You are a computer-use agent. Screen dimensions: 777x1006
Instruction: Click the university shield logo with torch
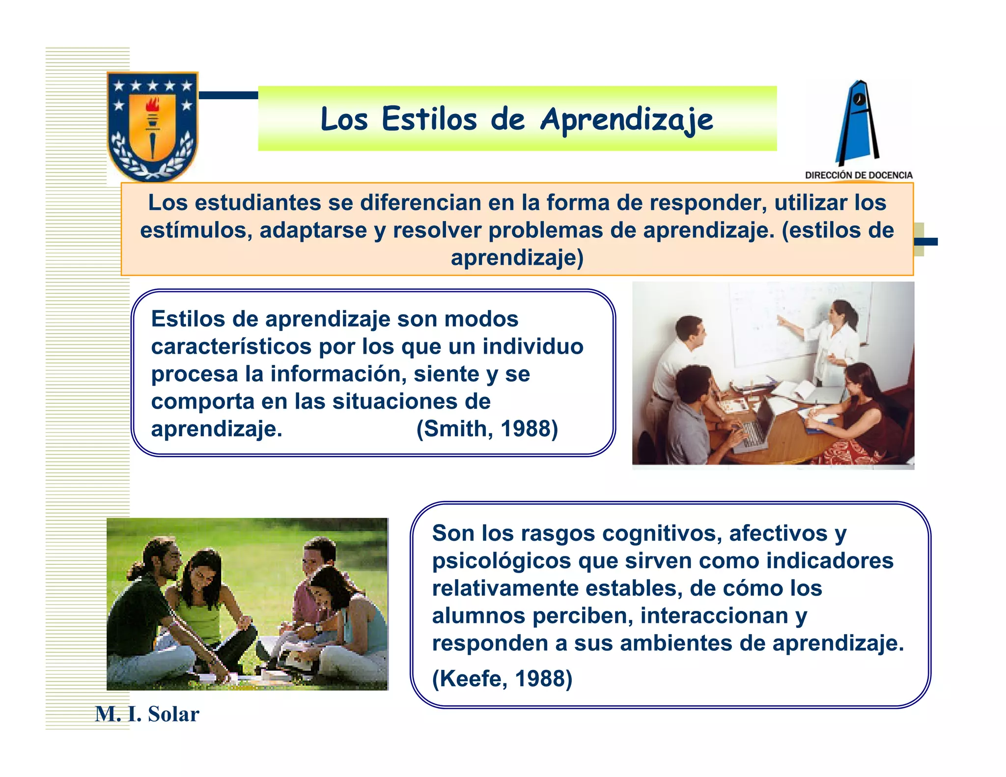pyautogui.click(x=152, y=127)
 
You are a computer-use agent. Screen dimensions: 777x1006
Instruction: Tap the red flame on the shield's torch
pyautogui.click(x=153, y=105)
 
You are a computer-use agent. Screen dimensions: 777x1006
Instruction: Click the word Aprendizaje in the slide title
pyautogui.click(x=627, y=120)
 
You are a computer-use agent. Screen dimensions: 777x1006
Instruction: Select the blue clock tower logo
pyautogui.click(x=858, y=123)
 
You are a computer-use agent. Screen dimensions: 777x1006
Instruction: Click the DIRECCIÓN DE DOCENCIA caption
pyautogui.click(x=859, y=175)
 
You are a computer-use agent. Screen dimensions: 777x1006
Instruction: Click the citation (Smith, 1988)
pyautogui.click(x=487, y=429)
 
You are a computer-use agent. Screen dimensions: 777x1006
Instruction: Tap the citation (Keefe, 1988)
pyautogui.click(x=502, y=679)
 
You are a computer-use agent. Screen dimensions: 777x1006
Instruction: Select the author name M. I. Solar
pyautogui.click(x=147, y=714)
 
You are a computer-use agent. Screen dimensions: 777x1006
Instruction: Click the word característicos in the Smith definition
pyautogui.click(x=231, y=347)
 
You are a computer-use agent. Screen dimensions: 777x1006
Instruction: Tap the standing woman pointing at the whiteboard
pyautogui.click(x=835, y=339)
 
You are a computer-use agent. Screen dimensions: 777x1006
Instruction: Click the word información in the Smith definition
pyautogui.click(x=338, y=374)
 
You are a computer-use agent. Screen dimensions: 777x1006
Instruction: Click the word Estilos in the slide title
pyautogui.click(x=429, y=120)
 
